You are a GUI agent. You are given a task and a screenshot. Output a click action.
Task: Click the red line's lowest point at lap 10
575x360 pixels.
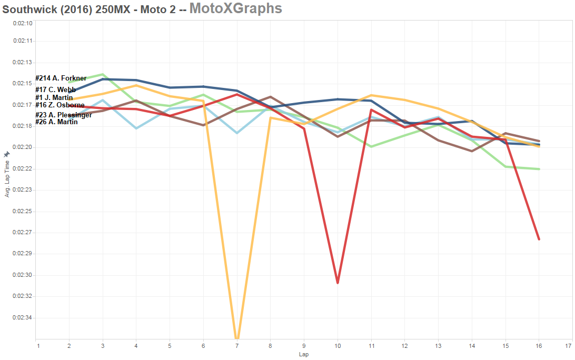coord(338,283)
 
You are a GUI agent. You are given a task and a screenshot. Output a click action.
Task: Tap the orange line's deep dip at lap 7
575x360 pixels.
coord(237,337)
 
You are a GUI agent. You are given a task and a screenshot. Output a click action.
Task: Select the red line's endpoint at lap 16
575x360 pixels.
coord(539,239)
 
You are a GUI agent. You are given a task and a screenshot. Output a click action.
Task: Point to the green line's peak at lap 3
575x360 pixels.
coord(103,74)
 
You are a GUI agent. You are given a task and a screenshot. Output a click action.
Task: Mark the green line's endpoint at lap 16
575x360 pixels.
coord(539,169)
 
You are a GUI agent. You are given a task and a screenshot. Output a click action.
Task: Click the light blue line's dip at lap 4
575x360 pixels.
coord(136,128)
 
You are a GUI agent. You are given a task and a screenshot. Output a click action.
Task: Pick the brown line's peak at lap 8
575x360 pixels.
coord(271,97)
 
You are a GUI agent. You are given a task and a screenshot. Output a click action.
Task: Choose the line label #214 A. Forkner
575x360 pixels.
coord(61,78)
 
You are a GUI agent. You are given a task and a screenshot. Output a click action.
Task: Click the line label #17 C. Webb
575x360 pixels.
coord(56,90)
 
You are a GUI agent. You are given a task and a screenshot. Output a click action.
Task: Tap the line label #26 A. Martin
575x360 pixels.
coord(57,122)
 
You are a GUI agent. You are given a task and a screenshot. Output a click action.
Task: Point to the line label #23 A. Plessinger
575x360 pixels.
coord(64,115)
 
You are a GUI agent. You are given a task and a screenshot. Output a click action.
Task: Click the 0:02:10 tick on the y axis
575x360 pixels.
coord(23,23)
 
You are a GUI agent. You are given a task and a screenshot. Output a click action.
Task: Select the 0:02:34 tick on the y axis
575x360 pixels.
coord(23,318)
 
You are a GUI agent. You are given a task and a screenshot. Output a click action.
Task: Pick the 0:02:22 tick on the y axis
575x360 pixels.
coord(23,168)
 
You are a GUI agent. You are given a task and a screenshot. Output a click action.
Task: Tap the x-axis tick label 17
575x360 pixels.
coord(568,346)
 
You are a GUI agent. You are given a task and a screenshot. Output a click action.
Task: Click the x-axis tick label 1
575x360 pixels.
coord(38,346)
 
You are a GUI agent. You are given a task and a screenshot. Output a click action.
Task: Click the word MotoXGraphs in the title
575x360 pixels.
coord(235,8)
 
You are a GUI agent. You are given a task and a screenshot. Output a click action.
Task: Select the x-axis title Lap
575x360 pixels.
coord(304,354)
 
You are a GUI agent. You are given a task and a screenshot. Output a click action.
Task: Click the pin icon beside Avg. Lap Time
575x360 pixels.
coord(7,154)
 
